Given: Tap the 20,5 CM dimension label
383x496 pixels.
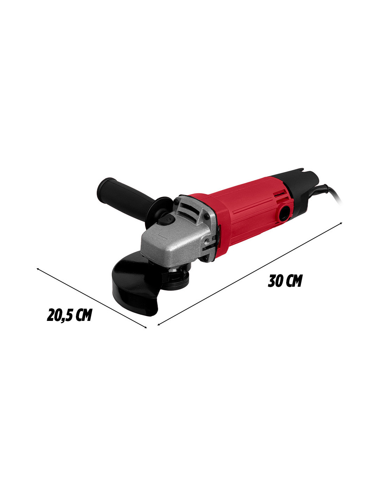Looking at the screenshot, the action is coord(69,315).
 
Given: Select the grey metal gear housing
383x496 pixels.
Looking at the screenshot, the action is coord(180,235).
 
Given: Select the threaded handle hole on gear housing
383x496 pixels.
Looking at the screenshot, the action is coord(207,240).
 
